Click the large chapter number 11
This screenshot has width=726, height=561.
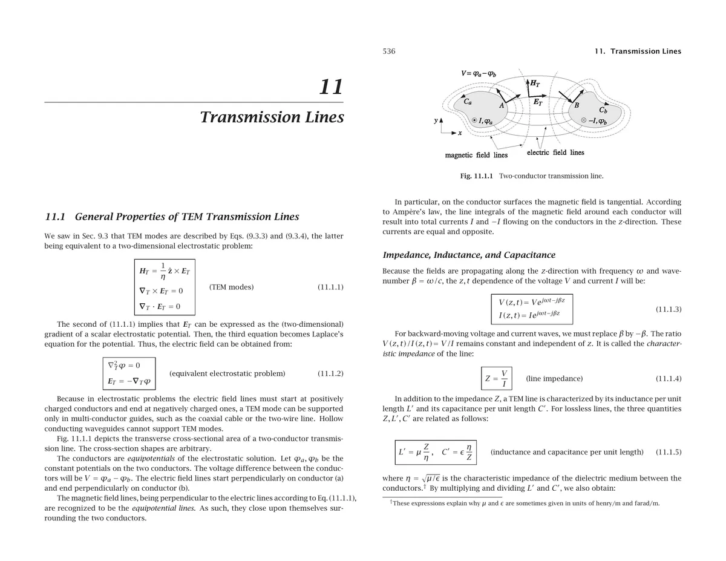pyautogui.click(x=331, y=87)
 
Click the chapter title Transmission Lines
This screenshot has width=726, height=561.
pyautogui.click(x=272, y=117)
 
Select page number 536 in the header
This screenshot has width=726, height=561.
pyautogui.click(x=389, y=51)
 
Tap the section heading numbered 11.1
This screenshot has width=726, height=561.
pyautogui.click(x=172, y=217)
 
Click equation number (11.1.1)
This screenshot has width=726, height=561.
pyautogui.click(x=330, y=287)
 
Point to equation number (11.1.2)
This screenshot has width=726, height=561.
pyautogui.click(x=330, y=373)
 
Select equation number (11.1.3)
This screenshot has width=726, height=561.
pyautogui.click(x=669, y=309)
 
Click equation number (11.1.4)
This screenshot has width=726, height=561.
pyautogui.click(x=669, y=379)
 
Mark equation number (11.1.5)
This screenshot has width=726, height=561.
pyautogui.click(x=669, y=452)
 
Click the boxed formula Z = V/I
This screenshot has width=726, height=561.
pyautogui.click(x=497, y=379)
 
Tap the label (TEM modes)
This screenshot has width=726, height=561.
pyautogui.click(x=231, y=287)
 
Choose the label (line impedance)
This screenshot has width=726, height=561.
pyautogui.click(x=554, y=379)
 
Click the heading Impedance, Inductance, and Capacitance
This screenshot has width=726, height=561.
pyautogui.click(x=469, y=255)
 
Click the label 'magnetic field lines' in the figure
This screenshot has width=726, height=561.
pyautogui.click(x=476, y=156)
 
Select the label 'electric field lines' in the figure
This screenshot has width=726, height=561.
pyautogui.click(x=555, y=153)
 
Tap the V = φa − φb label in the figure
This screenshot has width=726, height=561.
pyautogui.click(x=479, y=74)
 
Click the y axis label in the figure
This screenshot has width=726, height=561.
pyautogui.click(x=436, y=121)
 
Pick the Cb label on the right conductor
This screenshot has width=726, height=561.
pyautogui.click(x=603, y=110)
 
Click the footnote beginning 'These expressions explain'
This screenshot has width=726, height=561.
pyautogui.click(x=524, y=504)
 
